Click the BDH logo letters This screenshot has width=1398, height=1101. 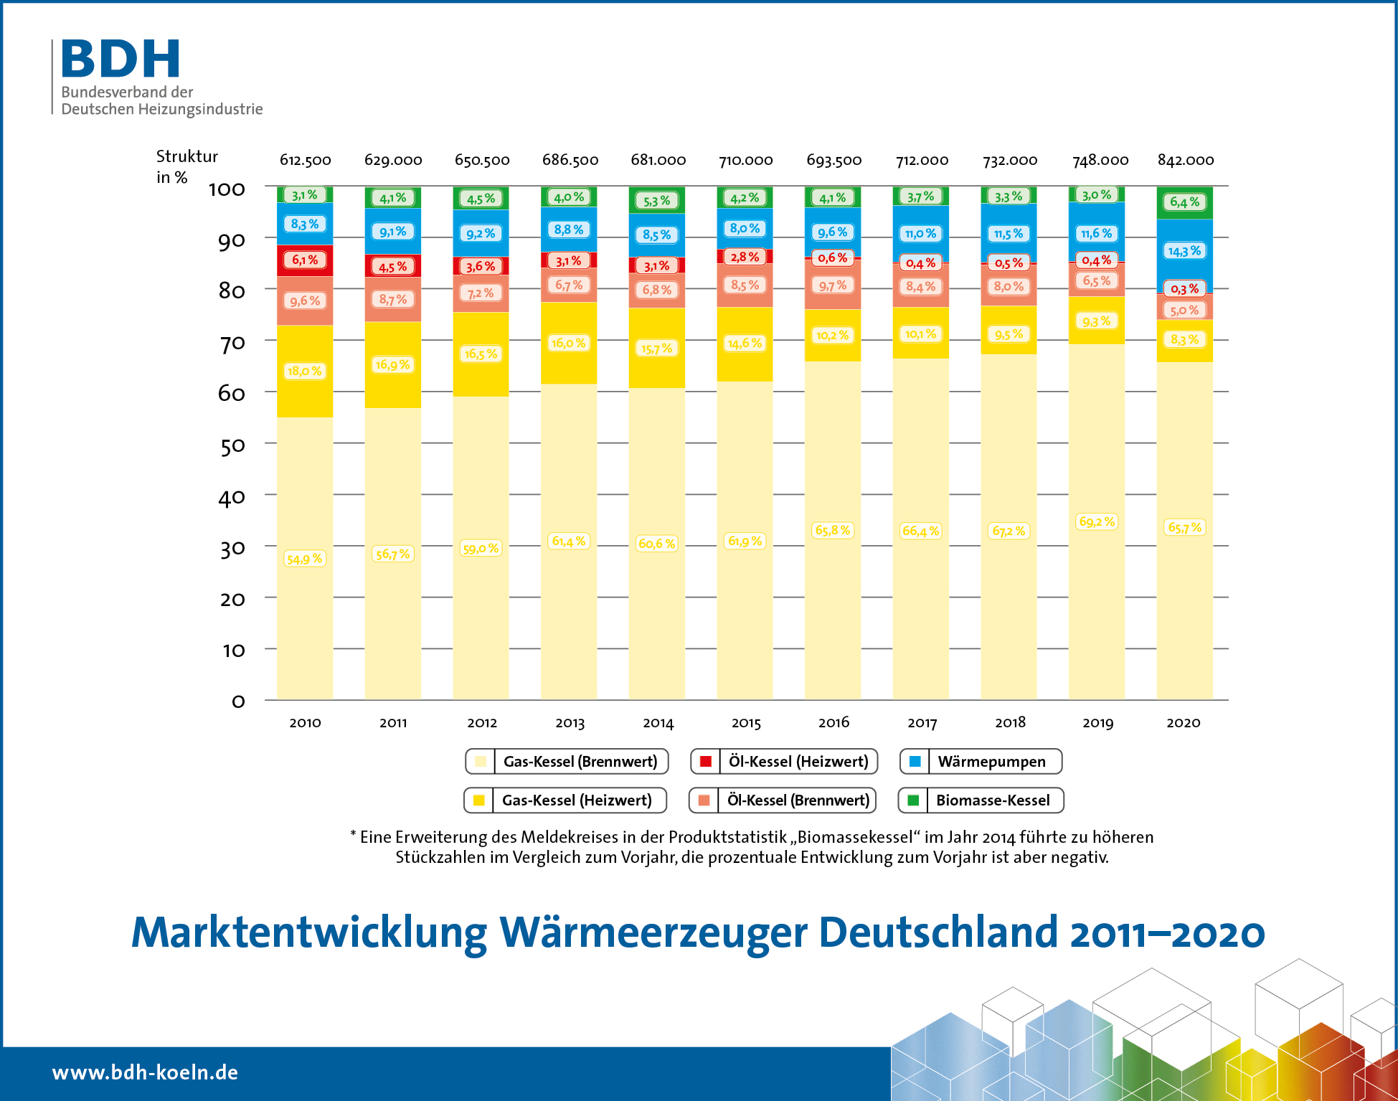click(121, 59)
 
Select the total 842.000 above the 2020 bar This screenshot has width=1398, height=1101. click(1185, 160)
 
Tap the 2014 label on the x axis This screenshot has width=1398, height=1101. click(658, 722)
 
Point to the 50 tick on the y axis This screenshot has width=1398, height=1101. click(232, 445)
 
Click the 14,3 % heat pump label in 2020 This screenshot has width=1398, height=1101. click(1184, 251)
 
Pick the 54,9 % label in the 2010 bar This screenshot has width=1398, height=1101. click(305, 559)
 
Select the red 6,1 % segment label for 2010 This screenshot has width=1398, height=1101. click(305, 260)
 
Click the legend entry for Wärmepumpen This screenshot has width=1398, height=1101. click(981, 761)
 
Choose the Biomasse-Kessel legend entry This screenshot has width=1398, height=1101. click(981, 800)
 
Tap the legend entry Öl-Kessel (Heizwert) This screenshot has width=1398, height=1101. click(783, 761)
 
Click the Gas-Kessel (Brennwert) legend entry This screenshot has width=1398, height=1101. click(567, 761)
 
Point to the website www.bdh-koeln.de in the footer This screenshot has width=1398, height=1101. click(145, 1072)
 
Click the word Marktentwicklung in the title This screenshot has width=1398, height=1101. click(309, 932)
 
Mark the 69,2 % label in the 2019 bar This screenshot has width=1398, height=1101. click(1097, 521)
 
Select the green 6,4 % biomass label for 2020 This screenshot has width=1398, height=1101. click(1184, 202)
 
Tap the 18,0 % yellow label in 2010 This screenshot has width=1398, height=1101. click(305, 371)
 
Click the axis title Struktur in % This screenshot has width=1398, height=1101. click(186, 166)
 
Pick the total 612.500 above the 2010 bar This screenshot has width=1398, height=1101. click(305, 160)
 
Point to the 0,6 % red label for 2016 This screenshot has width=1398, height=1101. click(832, 257)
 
